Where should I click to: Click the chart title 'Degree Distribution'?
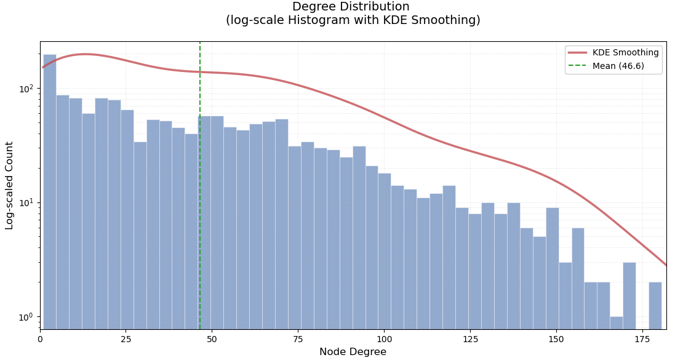[x=350, y=7]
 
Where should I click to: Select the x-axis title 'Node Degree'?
[x=353, y=352]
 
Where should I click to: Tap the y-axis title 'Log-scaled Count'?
[x=10, y=185]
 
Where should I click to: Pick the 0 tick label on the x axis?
[x=41, y=339]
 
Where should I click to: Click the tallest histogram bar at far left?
[x=50, y=191]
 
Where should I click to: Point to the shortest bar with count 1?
[x=616, y=323]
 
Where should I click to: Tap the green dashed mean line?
[x=200, y=185]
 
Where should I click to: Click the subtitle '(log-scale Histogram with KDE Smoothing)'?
[x=353, y=20]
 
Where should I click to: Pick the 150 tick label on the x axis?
[x=556, y=339]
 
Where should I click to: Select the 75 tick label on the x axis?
[x=298, y=339]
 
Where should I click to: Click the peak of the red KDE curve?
[x=86, y=54]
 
